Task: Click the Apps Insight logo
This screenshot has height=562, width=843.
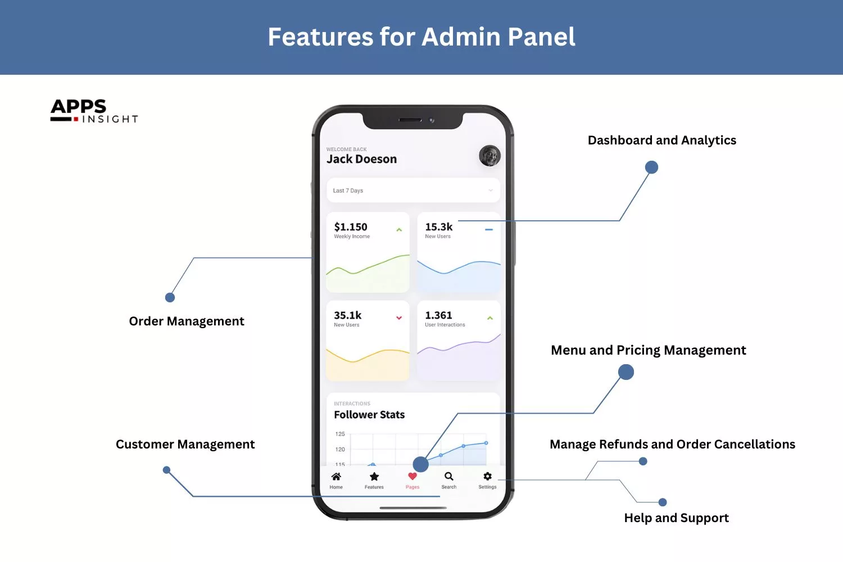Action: point(94,111)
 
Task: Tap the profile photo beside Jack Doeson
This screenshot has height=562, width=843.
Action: point(490,156)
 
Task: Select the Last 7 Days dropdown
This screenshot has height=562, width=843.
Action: point(413,191)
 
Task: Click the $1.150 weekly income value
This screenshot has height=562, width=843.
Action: point(351,227)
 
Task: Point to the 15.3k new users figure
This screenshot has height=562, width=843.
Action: point(438,227)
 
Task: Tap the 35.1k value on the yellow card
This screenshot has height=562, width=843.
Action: point(347,316)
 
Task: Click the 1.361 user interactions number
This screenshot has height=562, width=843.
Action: point(438,316)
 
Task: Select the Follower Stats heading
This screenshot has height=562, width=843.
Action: point(369,415)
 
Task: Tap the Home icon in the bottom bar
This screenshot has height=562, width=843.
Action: point(336,477)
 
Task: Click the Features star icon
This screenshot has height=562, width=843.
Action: point(374,477)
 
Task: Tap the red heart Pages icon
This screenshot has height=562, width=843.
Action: point(413,477)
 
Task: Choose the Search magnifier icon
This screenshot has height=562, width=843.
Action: point(449,477)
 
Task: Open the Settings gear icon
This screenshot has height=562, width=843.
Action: point(487,477)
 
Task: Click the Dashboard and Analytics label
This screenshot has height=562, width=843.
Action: point(661,140)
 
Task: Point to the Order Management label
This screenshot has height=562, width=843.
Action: point(187,321)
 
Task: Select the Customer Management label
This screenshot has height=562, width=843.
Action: point(185,445)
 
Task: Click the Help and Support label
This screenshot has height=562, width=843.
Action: point(676,518)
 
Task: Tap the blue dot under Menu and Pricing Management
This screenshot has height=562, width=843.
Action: point(626,372)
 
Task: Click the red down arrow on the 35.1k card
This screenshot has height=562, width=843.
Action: point(399,318)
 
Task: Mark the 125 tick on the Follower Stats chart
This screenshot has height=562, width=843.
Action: point(340,434)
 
